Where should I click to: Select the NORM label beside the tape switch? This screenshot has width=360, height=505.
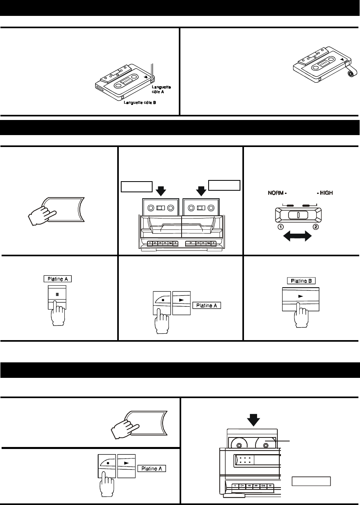[x=275, y=193]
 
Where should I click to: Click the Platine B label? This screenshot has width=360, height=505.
[x=301, y=281]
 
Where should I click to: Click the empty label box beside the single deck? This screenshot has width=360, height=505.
[x=312, y=481]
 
